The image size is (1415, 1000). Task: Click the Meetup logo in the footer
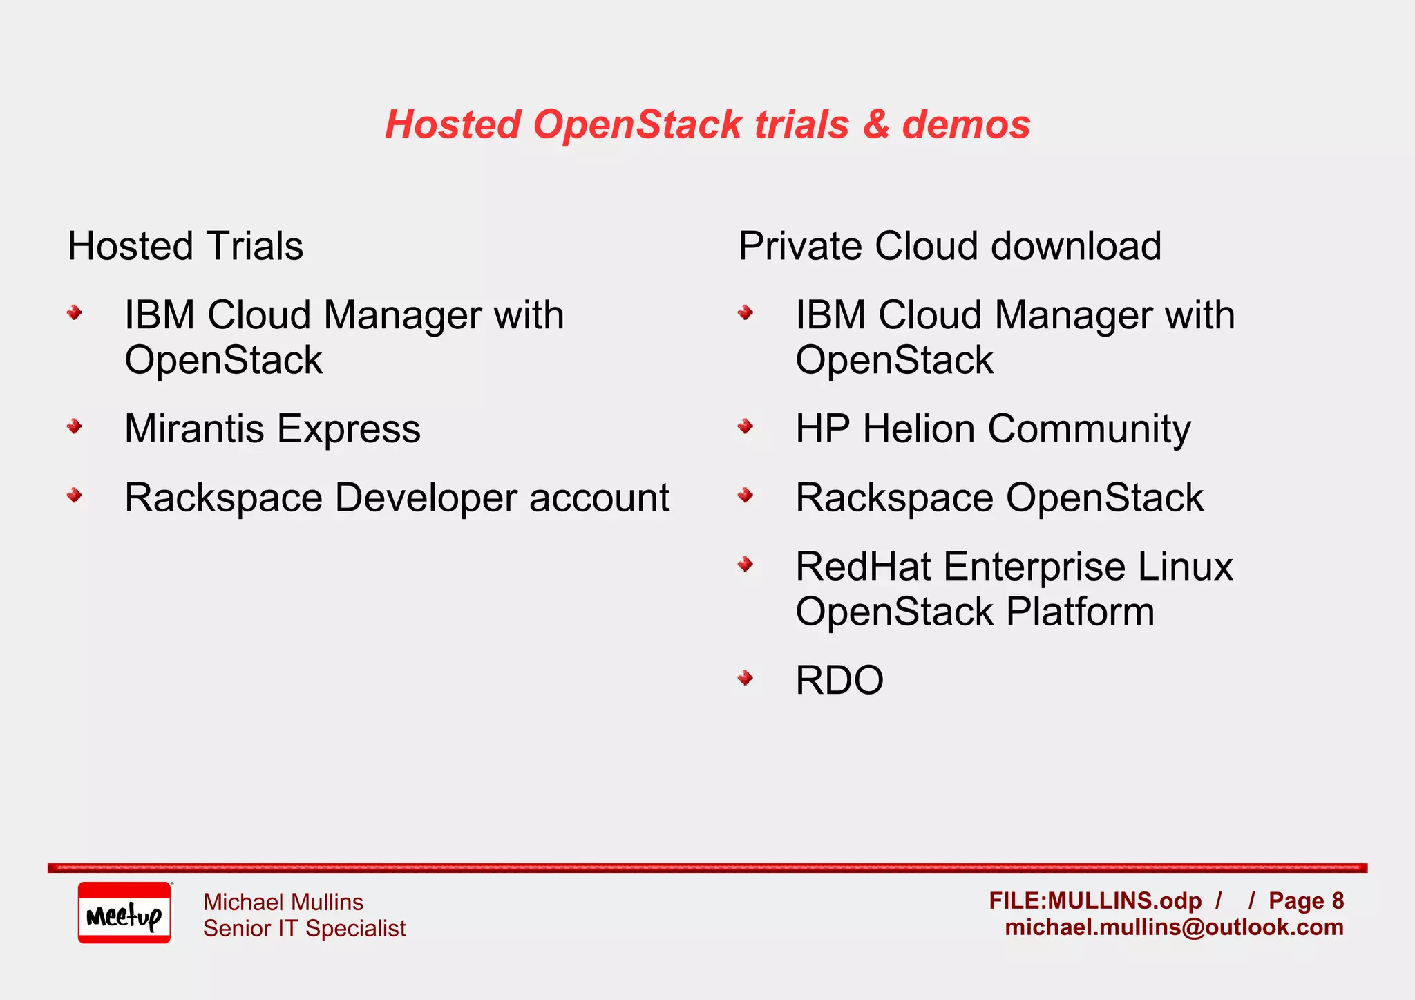click(x=124, y=913)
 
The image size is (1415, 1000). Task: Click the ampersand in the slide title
click(x=875, y=125)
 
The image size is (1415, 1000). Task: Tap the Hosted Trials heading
click(x=185, y=246)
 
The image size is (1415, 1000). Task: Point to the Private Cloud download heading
click(x=949, y=246)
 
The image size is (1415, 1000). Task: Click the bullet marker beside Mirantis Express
click(x=75, y=426)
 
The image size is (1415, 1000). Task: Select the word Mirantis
click(x=194, y=428)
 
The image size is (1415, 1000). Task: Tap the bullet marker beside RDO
click(x=745, y=678)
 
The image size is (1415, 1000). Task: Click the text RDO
click(x=839, y=681)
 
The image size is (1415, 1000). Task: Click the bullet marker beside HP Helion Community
click(x=745, y=426)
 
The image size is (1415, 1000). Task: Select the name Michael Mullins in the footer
click(x=283, y=902)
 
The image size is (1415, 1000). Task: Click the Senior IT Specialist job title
click(x=304, y=928)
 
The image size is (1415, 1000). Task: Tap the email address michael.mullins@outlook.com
click(x=1174, y=927)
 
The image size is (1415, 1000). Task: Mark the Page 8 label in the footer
click(x=1306, y=900)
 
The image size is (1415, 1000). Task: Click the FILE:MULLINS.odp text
click(x=1094, y=900)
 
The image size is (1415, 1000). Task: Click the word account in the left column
click(x=599, y=498)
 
